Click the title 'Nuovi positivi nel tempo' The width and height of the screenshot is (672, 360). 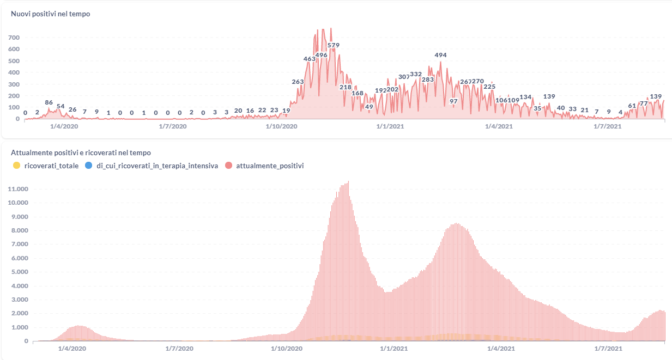(50, 14)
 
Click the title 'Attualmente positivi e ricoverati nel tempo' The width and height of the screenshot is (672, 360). (81, 153)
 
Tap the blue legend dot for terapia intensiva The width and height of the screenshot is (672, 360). (89, 166)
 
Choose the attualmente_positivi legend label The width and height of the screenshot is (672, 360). (270, 166)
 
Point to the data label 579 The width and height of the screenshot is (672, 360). (334, 45)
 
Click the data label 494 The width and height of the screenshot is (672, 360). (440, 55)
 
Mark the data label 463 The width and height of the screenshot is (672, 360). (310, 59)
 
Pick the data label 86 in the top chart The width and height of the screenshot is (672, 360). (49, 102)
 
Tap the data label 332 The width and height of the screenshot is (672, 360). (416, 74)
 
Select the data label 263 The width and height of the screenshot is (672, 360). (298, 82)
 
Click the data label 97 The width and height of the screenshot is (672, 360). (453, 101)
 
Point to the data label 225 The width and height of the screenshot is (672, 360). (489, 87)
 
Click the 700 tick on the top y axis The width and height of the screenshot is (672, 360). (14, 38)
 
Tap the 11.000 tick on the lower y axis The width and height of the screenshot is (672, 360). (19, 189)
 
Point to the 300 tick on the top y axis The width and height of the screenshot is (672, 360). (14, 84)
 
